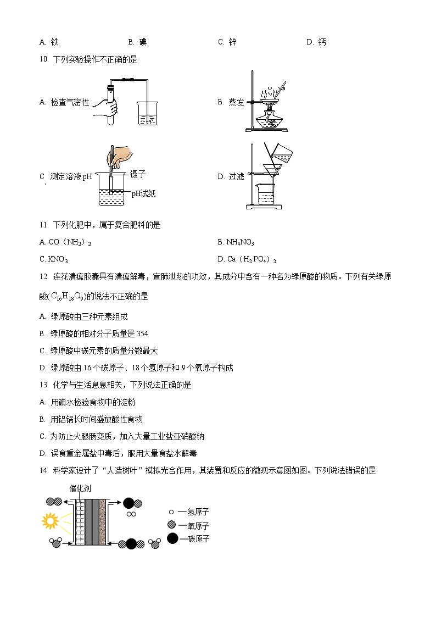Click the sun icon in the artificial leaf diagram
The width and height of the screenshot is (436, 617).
pos(50,520)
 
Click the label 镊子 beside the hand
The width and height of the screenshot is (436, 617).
pos(138,174)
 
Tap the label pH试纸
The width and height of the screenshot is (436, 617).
pos(144,193)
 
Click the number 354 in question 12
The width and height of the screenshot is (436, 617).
pos(142,333)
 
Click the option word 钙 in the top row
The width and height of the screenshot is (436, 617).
pos(322,42)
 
